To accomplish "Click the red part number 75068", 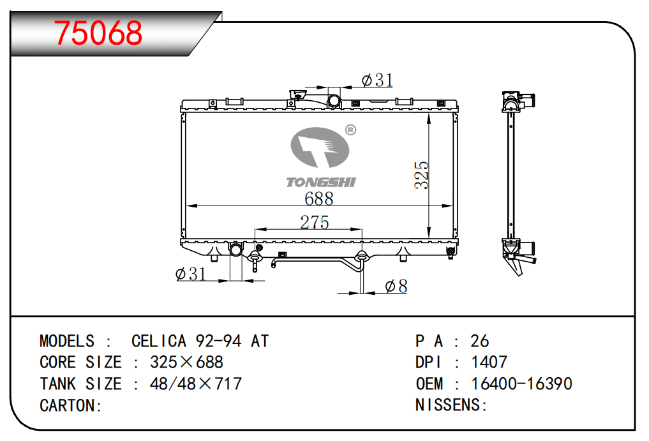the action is point(98,33).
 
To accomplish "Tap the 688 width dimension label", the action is point(318,198).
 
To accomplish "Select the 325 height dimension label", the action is point(421,175).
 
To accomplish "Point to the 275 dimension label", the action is point(315,222).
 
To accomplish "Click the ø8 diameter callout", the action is point(396,286).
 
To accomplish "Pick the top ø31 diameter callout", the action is point(377,80).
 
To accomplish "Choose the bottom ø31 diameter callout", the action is point(190,274).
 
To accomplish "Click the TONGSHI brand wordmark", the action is point(321,182).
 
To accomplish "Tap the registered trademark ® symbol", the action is point(350,130).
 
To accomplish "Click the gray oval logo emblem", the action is point(320,147).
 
